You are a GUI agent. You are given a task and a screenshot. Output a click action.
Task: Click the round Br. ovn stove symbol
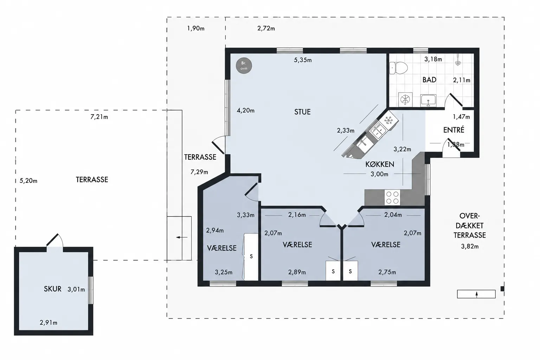(244, 66)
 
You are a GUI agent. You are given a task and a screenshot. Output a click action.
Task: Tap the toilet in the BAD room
(398, 68)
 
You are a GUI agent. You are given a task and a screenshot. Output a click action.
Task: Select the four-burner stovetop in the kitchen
(392, 198)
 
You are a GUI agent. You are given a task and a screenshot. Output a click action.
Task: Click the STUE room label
(302, 112)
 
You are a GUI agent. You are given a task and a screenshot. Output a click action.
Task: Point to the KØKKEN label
(380, 164)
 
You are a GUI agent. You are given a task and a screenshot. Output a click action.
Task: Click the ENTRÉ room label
(454, 130)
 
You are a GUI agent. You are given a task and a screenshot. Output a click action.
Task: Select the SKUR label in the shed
(52, 289)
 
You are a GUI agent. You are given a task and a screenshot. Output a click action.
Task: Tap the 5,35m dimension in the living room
(303, 60)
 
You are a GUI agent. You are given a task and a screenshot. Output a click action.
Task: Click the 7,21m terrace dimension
(99, 117)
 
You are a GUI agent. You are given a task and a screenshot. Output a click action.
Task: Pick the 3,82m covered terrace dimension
(470, 246)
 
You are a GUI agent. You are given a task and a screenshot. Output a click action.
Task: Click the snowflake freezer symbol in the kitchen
(388, 120)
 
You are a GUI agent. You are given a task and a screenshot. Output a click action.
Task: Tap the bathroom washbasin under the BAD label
(428, 100)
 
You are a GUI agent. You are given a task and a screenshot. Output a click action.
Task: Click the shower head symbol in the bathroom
(458, 60)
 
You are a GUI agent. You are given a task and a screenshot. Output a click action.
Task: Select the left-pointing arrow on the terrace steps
(182, 238)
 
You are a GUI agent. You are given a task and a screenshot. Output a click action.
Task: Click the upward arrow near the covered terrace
(477, 294)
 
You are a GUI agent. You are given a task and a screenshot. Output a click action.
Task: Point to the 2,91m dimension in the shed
(49, 323)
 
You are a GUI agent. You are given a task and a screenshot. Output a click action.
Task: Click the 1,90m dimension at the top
(196, 28)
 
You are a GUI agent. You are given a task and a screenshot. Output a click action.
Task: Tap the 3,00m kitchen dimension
(379, 174)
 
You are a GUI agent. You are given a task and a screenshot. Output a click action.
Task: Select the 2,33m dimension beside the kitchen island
(346, 130)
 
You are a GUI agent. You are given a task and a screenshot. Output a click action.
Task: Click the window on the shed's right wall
(91, 290)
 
